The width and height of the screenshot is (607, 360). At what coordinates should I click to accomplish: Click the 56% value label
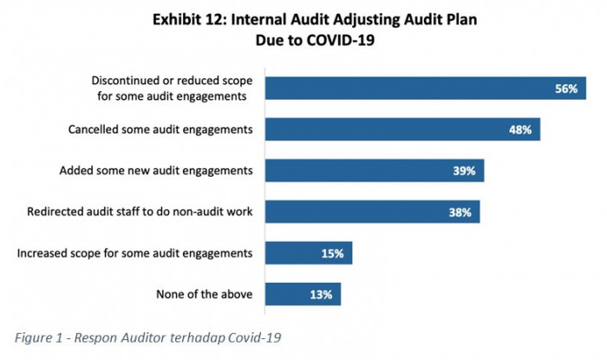[566, 88]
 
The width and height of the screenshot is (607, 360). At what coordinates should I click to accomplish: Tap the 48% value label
[520, 130]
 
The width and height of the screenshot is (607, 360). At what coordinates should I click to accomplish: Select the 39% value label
[464, 171]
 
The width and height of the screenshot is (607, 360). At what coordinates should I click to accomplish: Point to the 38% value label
[460, 212]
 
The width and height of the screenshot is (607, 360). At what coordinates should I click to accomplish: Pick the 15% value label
[332, 253]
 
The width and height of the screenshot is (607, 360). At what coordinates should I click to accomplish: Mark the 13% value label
[321, 295]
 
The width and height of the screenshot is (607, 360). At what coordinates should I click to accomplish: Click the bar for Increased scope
[295, 253]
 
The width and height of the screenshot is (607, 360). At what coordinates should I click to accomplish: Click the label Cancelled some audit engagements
[160, 130]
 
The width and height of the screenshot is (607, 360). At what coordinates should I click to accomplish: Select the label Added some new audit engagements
[157, 171]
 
